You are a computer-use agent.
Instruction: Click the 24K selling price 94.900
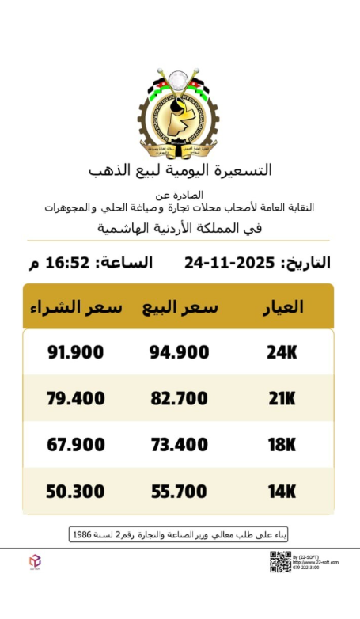pyautogui.click(x=179, y=352)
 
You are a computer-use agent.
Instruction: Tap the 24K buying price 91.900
pyautogui.click(x=75, y=352)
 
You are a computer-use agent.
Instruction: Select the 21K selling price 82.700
pyautogui.click(x=179, y=398)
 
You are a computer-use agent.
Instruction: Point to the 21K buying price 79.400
pyautogui.click(x=75, y=398)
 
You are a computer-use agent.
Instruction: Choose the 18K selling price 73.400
pyautogui.click(x=179, y=445)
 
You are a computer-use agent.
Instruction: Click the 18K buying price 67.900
pyautogui.click(x=75, y=445)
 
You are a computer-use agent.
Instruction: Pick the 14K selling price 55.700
pyautogui.click(x=179, y=492)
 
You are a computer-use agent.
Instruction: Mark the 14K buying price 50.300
pyautogui.click(x=75, y=492)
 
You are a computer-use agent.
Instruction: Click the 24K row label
pyautogui.click(x=282, y=352)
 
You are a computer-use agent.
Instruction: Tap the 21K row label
pyautogui.click(x=282, y=398)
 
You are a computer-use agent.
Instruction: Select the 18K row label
pyautogui.click(x=282, y=445)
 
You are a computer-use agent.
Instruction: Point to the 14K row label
pyautogui.click(x=282, y=492)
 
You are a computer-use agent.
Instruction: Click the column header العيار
pyautogui.click(x=282, y=307)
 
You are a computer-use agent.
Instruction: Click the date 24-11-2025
pyautogui.click(x=229, y=262)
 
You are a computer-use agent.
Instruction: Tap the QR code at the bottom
pyautogui.click(x=280, y=561)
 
